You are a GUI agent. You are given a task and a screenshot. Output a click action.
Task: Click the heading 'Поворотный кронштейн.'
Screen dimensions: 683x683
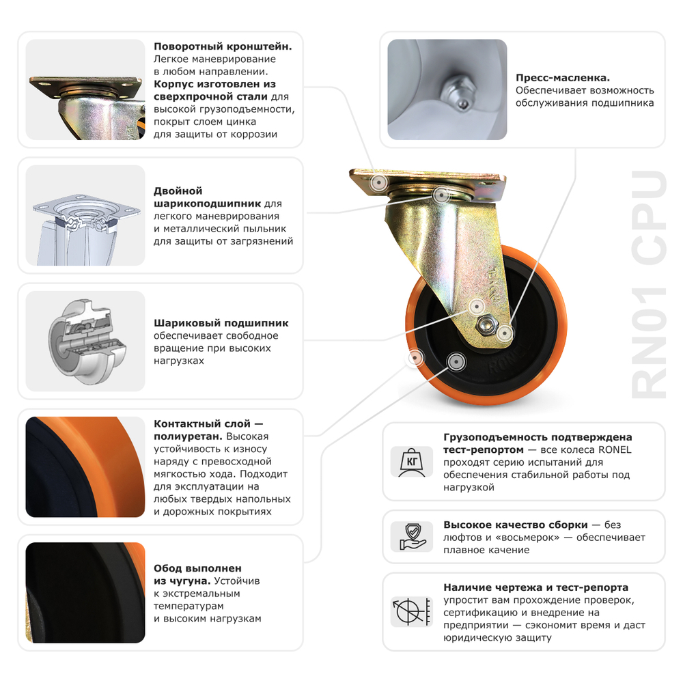pyautogui.click(x=223, y=46)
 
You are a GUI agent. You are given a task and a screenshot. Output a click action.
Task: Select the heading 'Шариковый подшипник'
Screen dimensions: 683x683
pyautogui.click(x=221, y=323)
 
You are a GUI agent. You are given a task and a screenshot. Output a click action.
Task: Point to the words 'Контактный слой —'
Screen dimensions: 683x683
pyautogui.click(x=208, y=424)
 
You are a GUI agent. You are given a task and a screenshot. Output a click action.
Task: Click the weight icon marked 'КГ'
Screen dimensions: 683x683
pyautogui.click(x=412, y=462)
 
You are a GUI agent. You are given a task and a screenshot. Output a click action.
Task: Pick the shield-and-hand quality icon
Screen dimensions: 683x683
pyautogui.click(x=412, y=536)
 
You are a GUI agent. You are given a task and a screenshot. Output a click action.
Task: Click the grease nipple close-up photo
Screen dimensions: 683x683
pyautogui.click(x=447, y=89)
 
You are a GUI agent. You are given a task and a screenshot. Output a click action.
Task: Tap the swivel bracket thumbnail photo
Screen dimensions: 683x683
pyautogui.click(x=85, y=89)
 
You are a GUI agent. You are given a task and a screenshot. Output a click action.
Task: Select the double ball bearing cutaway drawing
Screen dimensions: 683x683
pyautogui.click(x=85, y=215)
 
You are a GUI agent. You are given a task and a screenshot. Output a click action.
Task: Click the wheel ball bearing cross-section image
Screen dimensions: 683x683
pyautogui.click(x=85, y=341)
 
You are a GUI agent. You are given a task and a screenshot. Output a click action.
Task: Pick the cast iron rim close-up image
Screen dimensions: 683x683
pyautogui.click(x=85, y=592)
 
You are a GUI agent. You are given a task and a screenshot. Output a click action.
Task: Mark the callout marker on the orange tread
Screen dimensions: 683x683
pyautogui.click(x=415, y=357)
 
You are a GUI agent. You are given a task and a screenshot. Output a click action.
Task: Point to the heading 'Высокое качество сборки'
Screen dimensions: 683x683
pyautogui.click(x=515, y=525)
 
